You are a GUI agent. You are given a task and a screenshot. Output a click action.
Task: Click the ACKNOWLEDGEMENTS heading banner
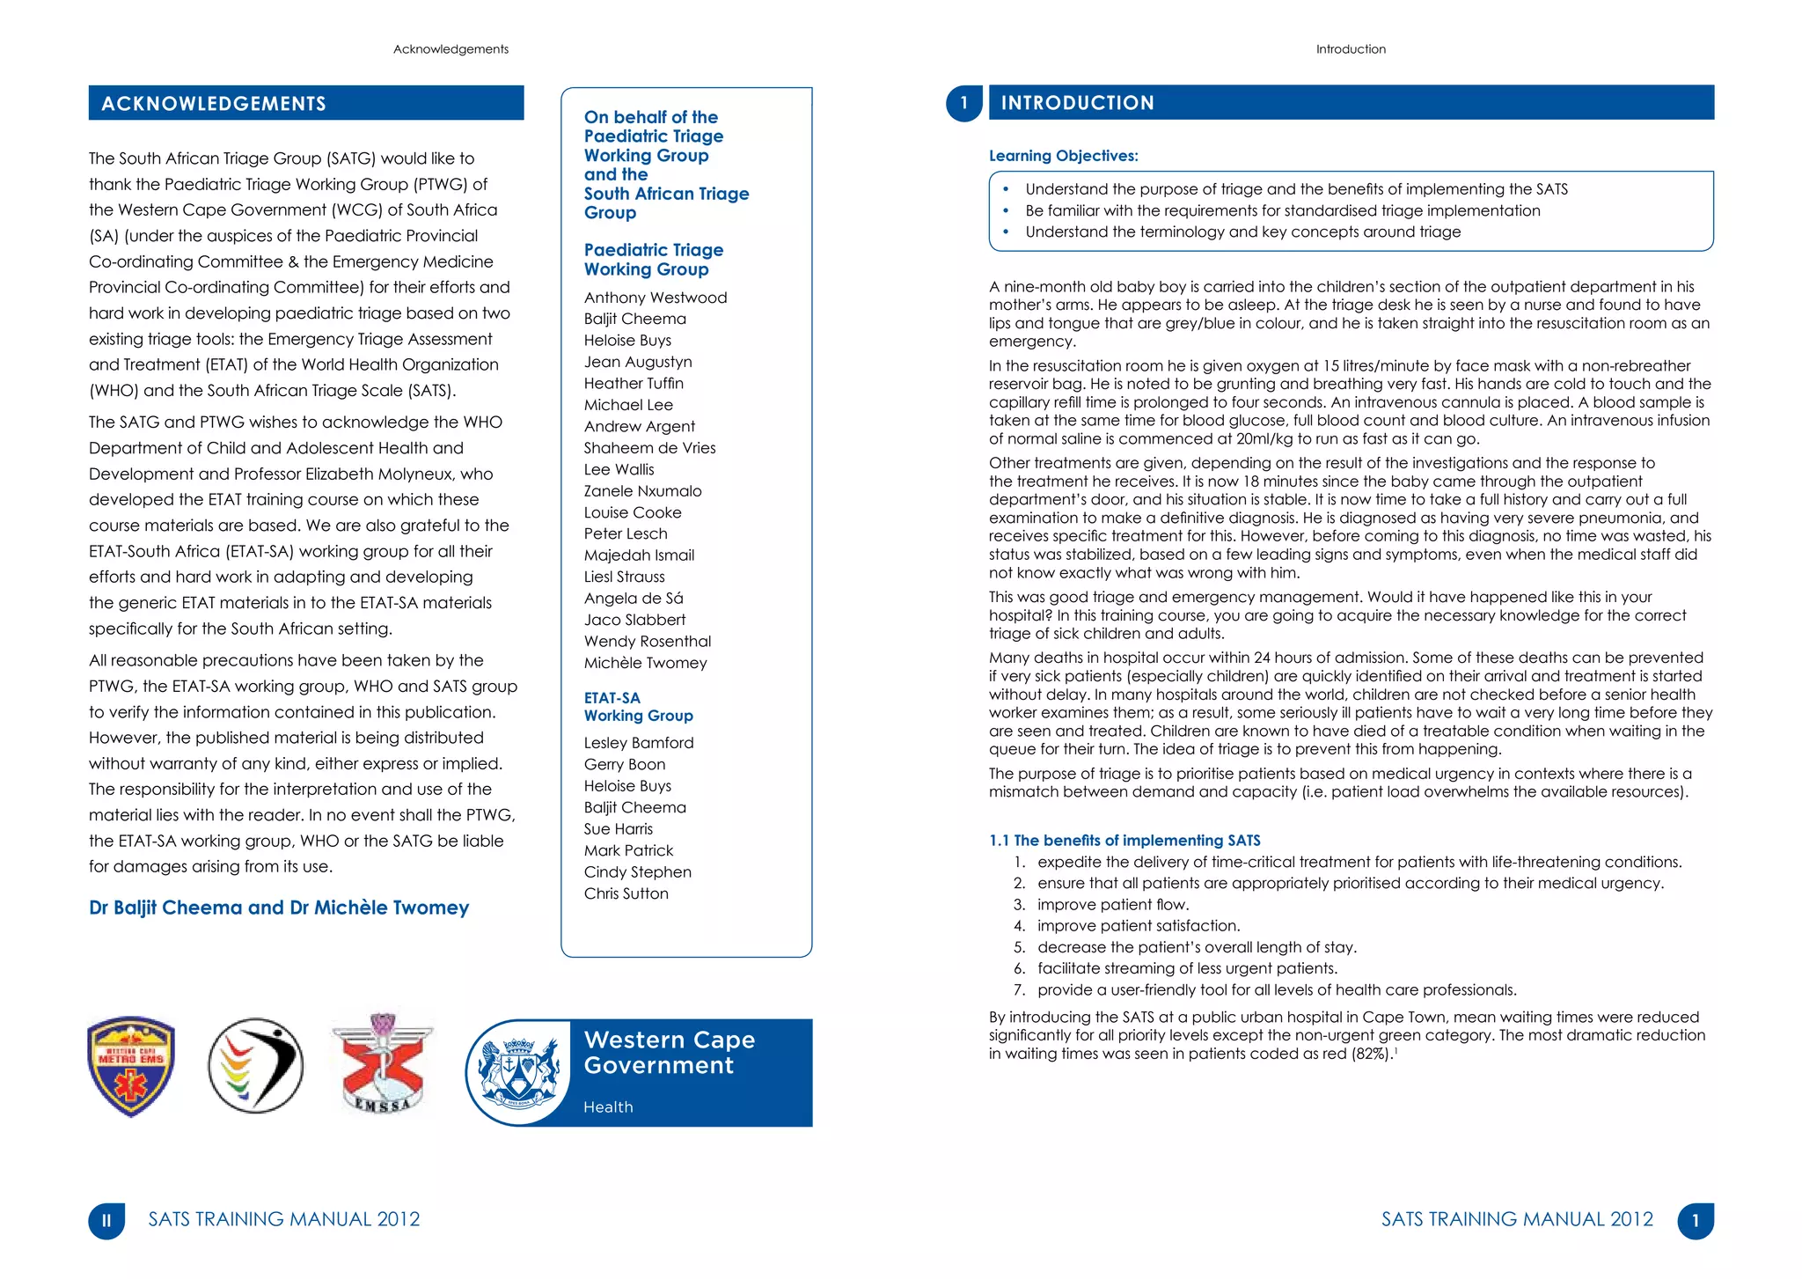[305, 103]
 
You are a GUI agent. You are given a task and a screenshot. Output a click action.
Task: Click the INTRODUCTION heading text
[1077, 103]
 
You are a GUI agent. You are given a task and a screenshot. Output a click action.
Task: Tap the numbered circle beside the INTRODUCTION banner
[963, 103]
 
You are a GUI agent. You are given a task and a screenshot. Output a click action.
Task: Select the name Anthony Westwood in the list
[655, 298]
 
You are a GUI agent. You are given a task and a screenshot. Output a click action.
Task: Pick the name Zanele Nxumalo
[642, 491]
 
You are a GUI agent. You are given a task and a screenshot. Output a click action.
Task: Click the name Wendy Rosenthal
[647, 642]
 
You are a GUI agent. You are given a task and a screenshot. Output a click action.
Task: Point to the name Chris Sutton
[626, 893]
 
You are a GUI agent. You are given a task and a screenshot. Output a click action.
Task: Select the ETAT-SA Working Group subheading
[638, 707]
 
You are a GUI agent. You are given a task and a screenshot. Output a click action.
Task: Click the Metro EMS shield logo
[132, 1066]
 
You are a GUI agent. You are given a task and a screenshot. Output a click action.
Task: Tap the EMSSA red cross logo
[383, 1065]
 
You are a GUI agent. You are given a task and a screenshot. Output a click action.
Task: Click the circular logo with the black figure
[256, 1066]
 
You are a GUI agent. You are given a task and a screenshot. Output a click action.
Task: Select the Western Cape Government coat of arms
[519, 1071]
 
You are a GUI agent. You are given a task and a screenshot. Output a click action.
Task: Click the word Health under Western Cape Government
[608, 1107]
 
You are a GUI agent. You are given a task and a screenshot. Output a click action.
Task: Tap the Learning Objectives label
[1063, 156]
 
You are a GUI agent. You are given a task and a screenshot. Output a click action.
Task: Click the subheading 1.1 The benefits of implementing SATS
[1124, 841]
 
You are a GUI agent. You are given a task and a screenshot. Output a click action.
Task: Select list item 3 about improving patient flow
[1112, 905]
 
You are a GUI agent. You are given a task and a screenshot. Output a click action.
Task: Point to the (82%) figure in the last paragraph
[1371, 1054]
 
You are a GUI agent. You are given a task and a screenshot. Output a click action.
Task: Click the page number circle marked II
[106, 1221]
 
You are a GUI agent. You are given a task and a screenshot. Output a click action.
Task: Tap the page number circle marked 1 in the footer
[1695, 1221]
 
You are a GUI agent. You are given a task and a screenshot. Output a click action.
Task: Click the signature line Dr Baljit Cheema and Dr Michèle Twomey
[279, 908]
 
